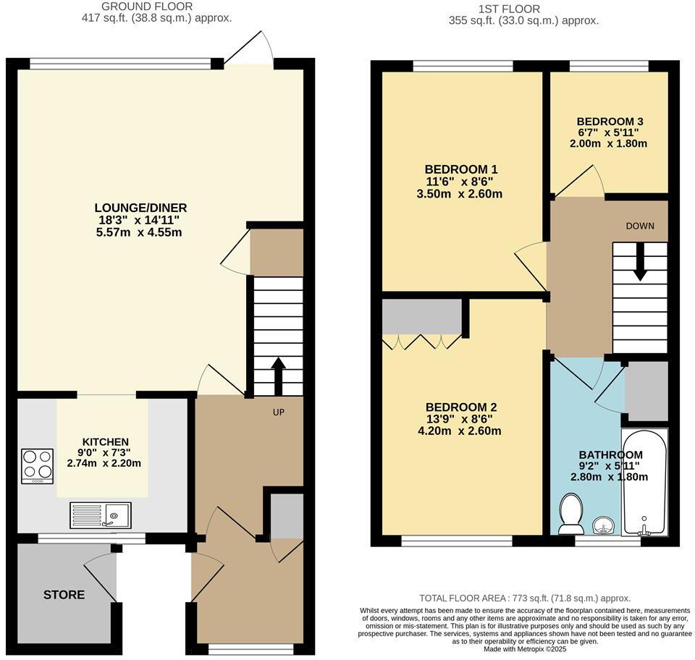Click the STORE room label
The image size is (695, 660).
tap(64, 595)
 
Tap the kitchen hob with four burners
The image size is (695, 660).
tap(38, 466)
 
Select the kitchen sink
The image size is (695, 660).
tap(100, 515)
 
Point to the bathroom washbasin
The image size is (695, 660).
tap(602, 525)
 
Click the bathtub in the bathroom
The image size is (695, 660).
tap(644, 482)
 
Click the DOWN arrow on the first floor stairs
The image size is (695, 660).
tap(640, 264)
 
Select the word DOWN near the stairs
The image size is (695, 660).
tap(640, 226)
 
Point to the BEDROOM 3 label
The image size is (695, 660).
tap(610, 122)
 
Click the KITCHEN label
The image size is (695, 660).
tap(106, 441)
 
